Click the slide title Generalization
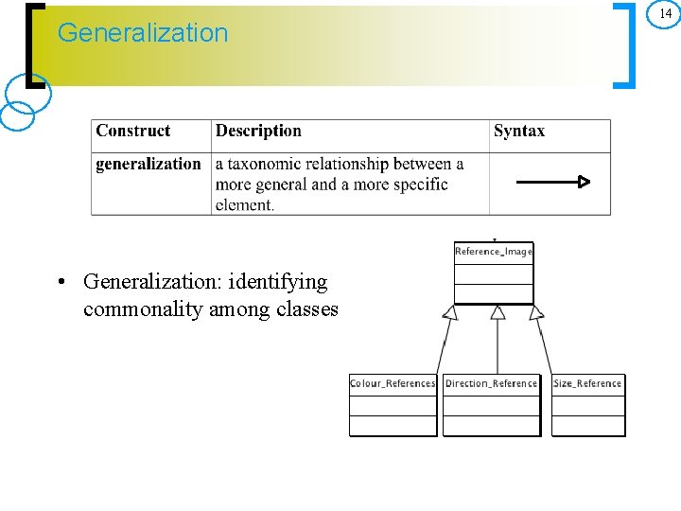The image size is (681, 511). pos(143,33)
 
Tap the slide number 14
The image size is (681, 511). pos(666,13)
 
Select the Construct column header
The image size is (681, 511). pos(133,132)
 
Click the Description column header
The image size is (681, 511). pos(258,132)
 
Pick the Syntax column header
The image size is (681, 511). pos(518,132)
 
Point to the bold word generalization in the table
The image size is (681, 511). pos(148,165)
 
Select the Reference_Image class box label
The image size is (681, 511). pos(494,251)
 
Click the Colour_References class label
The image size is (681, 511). pos(393,383)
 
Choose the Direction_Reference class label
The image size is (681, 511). pos(491,383)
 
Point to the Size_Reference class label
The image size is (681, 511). pos(587,383)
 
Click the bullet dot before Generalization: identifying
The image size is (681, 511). pos(60,283)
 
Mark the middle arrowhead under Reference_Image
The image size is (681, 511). pos(498,312)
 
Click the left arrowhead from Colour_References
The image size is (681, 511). pos(451,312)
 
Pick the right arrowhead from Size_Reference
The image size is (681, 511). pos(536,312)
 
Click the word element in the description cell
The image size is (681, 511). pos(243,204)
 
